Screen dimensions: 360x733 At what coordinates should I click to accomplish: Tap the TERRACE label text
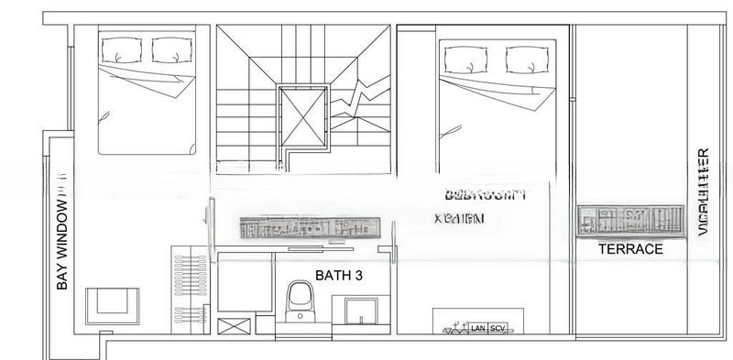point(630,248)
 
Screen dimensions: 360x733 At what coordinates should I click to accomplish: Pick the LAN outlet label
point(477,328)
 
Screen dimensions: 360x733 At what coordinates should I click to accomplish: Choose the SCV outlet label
point(498,328)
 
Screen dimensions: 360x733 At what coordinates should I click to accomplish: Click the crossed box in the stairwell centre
point(302,116)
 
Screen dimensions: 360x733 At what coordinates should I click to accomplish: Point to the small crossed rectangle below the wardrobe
point(232,325)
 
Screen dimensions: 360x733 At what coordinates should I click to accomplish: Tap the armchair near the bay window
point(113,304)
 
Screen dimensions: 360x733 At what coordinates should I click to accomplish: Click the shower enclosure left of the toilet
point(245,285)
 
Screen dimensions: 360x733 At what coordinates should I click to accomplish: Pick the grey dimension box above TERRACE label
point(630,221)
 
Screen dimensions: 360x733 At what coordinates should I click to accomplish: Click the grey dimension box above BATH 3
point(309,227)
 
